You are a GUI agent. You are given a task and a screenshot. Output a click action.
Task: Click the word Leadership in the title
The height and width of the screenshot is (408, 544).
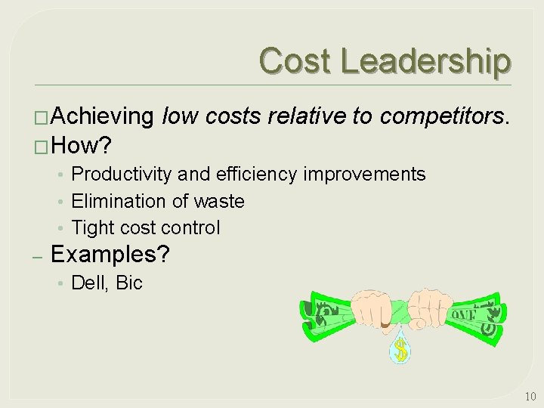pyautogui.click(x=425, y=60)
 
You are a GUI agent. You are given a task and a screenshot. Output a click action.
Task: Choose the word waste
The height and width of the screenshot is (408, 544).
pyautogui.click(x=219, y=201)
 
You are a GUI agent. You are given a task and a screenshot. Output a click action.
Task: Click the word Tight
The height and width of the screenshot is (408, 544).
pyautogui.click(x=91, y=227)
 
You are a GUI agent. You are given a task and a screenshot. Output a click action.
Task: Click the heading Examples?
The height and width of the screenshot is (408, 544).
pyautogui.click(x=110, y=254)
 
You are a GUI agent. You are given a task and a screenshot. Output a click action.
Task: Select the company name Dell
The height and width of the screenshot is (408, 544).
pyautogui.click(x=88, y=283)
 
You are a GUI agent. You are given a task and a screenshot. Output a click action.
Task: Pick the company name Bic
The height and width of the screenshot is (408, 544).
pyautogui.click(x=129, y=283)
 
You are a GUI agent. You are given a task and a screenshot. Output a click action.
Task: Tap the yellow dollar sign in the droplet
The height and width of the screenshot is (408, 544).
pyautogui.click(x=400, y=351)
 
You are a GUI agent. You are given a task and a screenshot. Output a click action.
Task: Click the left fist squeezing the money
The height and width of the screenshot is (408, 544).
pyautogui.click(x=366, y=306)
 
